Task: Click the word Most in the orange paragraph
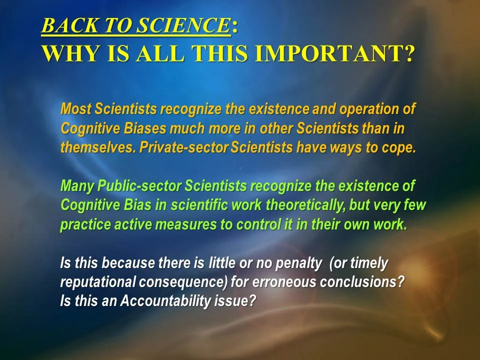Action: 75,108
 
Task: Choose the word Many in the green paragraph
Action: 77,186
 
